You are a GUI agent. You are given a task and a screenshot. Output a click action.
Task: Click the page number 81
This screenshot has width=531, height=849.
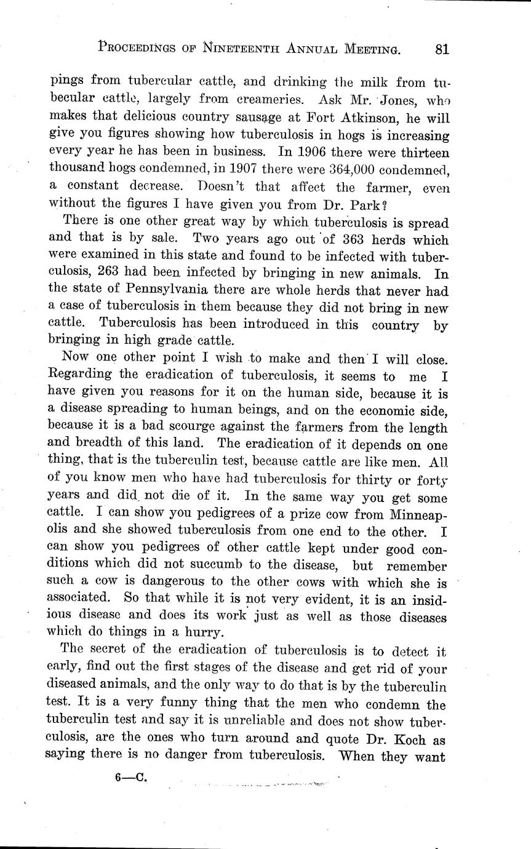pos(441,49)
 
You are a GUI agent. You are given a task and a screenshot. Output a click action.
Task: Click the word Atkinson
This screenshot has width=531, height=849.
pos(359,116)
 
